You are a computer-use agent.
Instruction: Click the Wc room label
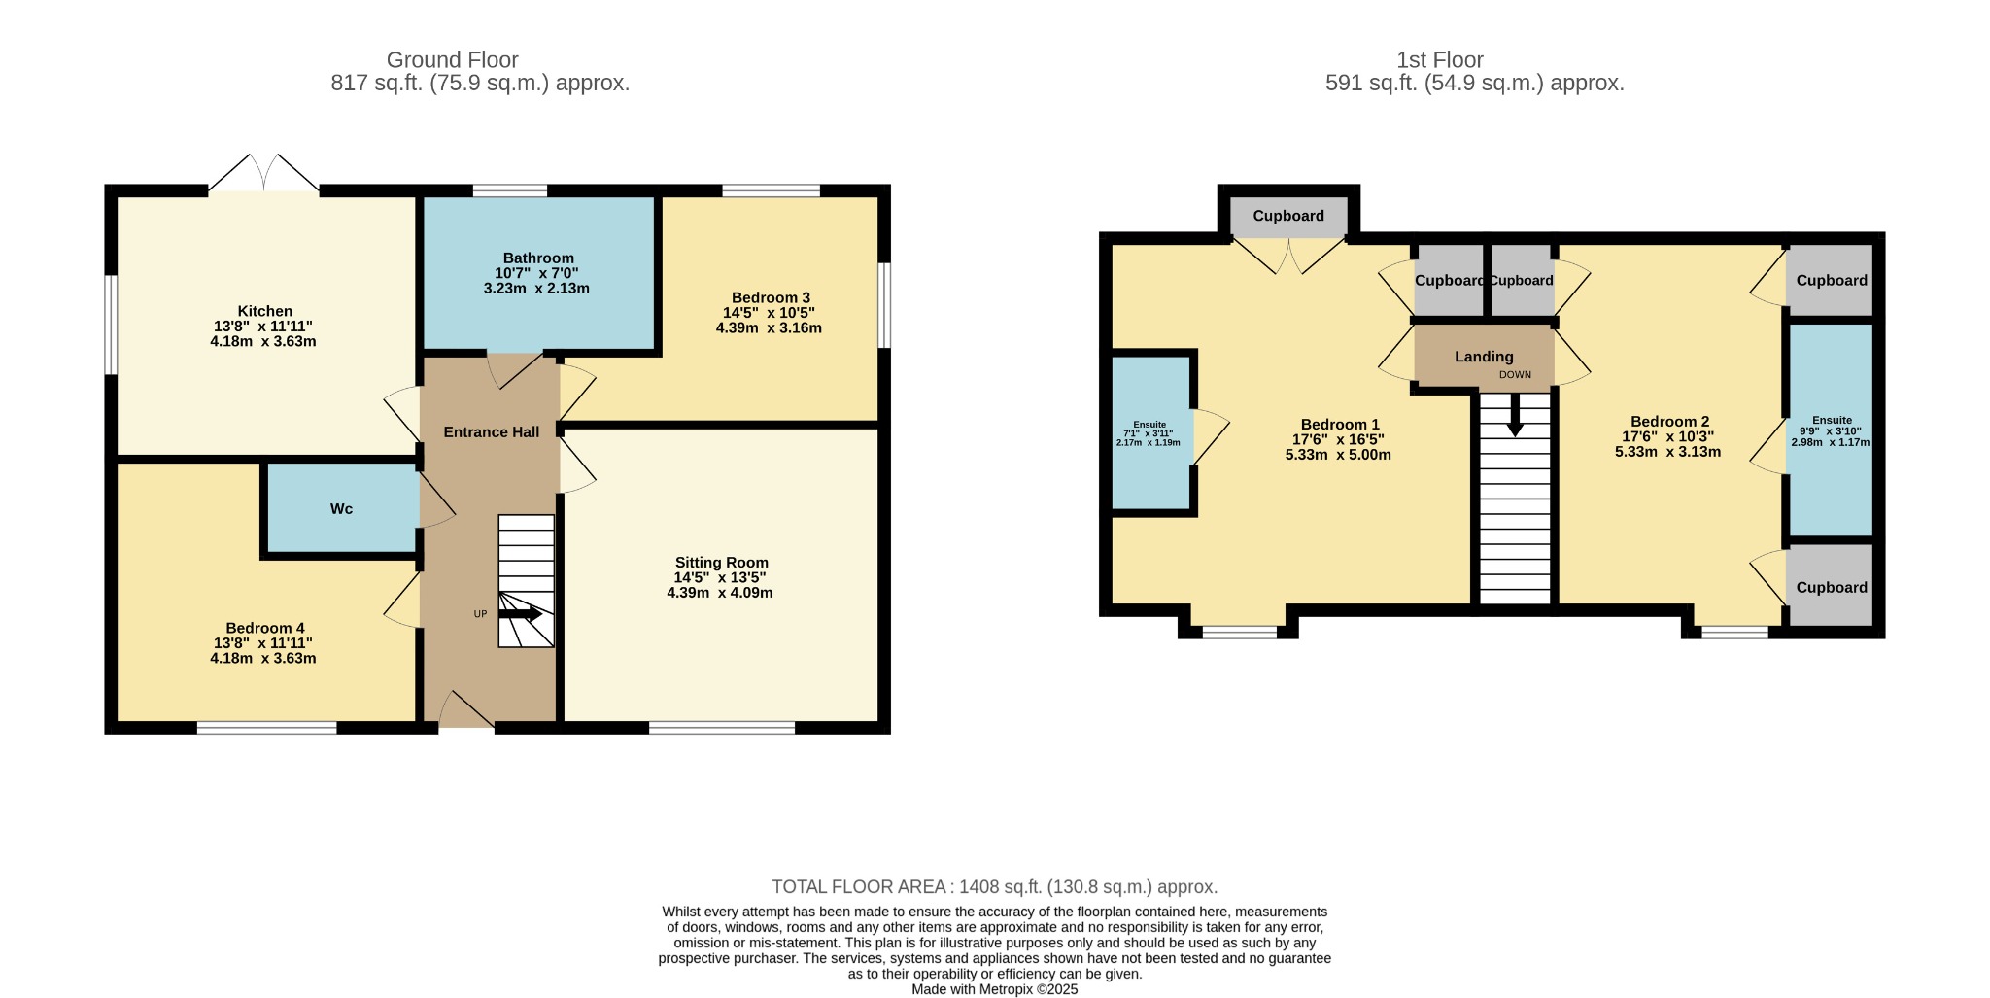coord(341,509)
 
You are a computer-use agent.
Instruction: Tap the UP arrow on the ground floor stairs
coord(520,614)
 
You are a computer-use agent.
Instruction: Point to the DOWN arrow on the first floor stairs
coord(1515,415)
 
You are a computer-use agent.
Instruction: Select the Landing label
coord(1484,357)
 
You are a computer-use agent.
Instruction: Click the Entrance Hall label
coord(492,431)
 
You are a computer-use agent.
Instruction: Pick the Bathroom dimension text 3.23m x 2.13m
coord(536,288)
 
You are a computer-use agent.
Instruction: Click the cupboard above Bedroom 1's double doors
coord(1288,217)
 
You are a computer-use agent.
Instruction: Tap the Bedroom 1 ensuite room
coord(1150,432)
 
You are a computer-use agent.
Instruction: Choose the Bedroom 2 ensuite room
coord(1831,430)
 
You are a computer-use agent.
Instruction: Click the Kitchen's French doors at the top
coord(263,173)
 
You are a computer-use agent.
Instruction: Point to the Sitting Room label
coord(722,563)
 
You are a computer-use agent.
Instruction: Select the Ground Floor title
coord(453,60)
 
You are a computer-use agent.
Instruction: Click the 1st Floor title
coord(1440,60)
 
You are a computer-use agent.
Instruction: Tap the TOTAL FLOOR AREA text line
coord(995,887)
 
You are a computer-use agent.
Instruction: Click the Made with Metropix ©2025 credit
coord(995,989)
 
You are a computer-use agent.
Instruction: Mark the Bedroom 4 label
coord(265,629)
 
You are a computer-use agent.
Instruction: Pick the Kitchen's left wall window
coord(112,325)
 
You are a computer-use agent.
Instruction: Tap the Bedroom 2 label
coord(1669,422)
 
